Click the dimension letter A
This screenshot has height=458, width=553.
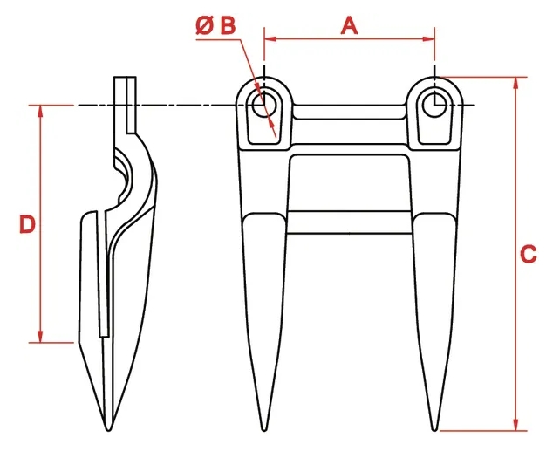click(x=349, y=26)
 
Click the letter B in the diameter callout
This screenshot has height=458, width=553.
click(x=228, y=26)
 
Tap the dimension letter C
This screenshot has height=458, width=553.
click(x=528, y=254)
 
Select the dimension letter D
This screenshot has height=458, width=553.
click(x=27, y=224)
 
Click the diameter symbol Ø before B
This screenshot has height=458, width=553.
click(x=205, y=26)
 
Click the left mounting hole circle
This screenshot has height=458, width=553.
click(x=264, y=105)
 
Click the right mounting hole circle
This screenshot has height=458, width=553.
click(x=434, y=105)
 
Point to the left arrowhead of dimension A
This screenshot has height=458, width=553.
click(x=270, y=38)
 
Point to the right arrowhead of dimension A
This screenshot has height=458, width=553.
click(x=428, y=38)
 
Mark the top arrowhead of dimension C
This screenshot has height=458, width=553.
click(x=516, y=83)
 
